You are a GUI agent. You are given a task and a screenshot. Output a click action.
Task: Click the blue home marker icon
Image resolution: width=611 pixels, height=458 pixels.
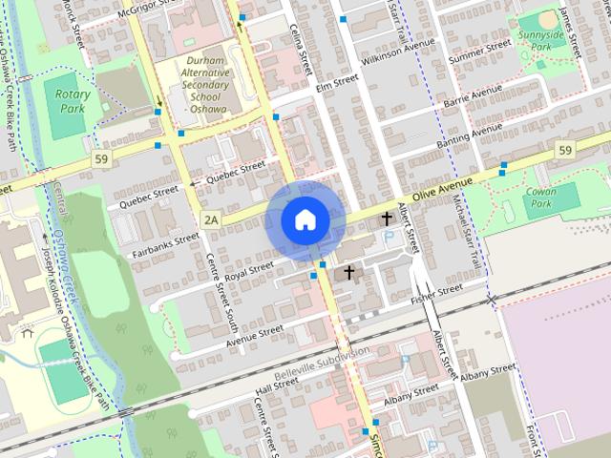pos(305,220)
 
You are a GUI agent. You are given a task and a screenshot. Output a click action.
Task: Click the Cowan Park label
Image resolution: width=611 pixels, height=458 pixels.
pos(541,198)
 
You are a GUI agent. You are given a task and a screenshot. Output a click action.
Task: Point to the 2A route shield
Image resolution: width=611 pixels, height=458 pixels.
pos(211,220)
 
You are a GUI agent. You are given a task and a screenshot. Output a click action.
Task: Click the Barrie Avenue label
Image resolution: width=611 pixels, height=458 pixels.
pos(472,94)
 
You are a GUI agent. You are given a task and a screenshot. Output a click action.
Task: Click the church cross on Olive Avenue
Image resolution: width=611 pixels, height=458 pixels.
pos(387,219)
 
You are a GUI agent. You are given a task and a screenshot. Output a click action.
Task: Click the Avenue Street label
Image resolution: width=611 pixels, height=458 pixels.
pos(255,331)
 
